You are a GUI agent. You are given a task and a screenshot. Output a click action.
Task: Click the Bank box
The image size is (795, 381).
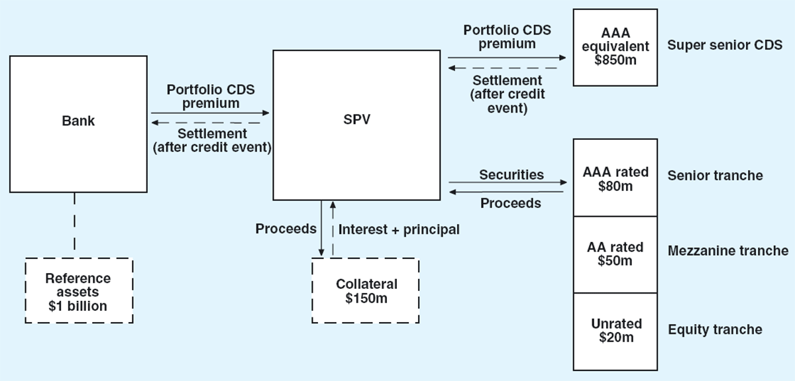[x=78, y=124]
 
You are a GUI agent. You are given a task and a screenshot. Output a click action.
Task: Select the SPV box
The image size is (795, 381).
[x=356, y=125]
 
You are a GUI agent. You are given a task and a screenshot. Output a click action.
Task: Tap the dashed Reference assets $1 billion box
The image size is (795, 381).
[x=79, y=290]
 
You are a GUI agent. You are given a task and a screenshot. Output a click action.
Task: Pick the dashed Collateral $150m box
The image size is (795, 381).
[x=365, y=290]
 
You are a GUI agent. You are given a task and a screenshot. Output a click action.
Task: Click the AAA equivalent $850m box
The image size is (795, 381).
[x=615, y=47]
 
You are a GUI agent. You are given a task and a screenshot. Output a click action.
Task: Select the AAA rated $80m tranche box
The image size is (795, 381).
[x=615, y=178]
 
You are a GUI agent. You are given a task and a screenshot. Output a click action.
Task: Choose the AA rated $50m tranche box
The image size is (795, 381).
[x=615, y=254]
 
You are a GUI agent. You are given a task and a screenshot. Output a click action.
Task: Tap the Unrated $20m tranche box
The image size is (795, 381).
[x=615, y=330]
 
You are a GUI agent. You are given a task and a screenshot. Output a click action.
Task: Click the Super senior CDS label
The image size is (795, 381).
[x=725, y=46]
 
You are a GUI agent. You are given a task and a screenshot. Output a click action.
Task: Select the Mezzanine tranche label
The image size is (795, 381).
[x=728, y=251]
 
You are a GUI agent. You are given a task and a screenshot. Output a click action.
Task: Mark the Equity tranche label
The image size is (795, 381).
[x=715, y=329]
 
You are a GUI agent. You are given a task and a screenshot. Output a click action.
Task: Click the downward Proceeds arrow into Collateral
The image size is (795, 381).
[x=322, y=229]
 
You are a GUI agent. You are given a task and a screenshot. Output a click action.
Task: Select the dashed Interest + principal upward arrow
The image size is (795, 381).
[x=333, y=229]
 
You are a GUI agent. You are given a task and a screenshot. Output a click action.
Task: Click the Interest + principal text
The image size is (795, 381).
[x=399, y=230]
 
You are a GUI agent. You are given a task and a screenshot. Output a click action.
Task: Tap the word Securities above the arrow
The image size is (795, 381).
[x=511, y=174]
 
